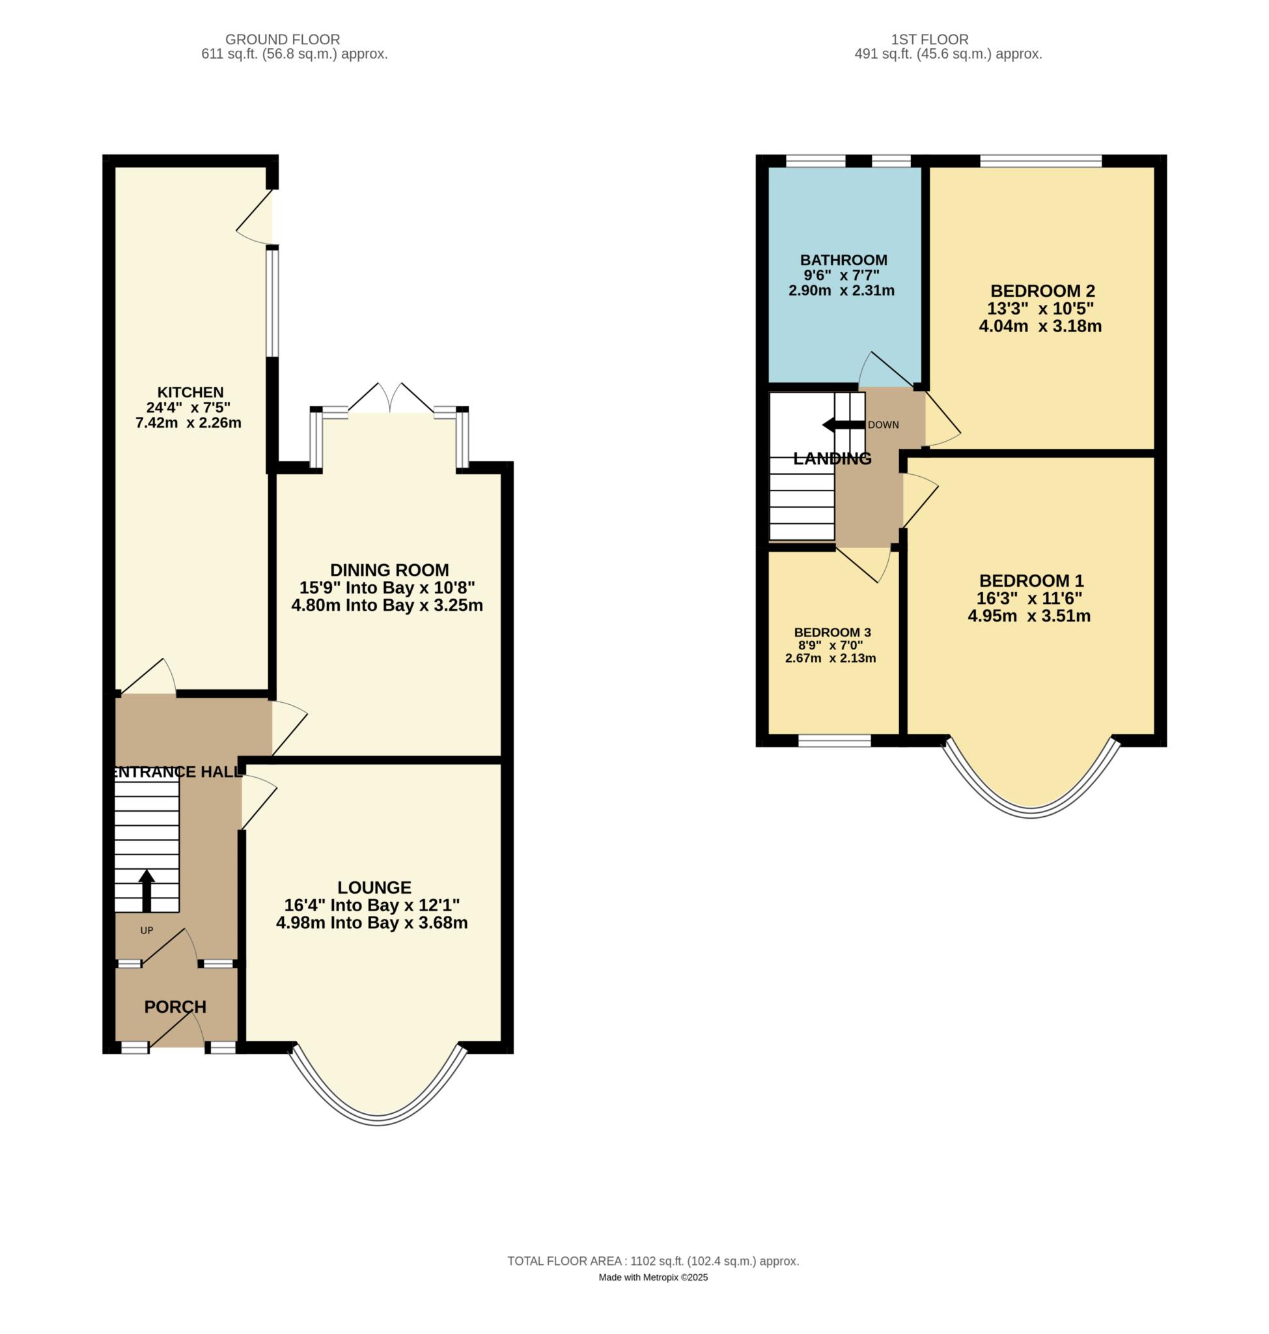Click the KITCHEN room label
tap(190, 392)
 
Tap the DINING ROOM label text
tap(389, 570)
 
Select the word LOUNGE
tap(374, 887)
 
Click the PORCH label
tap(175, 1006)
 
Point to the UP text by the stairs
tap(146, 930)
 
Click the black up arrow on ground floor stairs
tap(146, 890)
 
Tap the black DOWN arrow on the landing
tap(844, 424)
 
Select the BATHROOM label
tap(844, 260)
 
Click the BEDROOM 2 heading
tap(1042, 291)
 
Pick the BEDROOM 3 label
tap(832, 632)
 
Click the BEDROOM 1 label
tap(1031, 581)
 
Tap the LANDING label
tap(832, 458)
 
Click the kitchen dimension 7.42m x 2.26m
tap(189, 423)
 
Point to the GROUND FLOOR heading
tap(283, 40)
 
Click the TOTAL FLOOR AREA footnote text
tap(654, 1261)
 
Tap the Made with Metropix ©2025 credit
tap(654, 1277)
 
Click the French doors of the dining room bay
tap(391, 398)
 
